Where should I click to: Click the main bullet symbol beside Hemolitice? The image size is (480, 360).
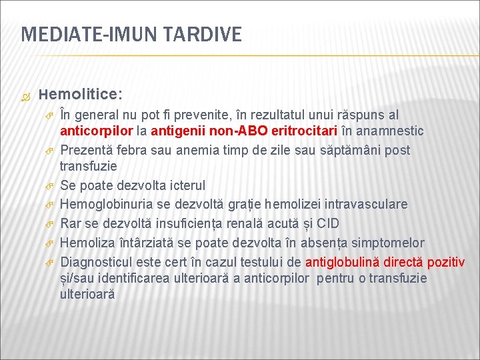[25, 96]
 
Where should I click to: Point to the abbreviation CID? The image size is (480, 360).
[327, 223]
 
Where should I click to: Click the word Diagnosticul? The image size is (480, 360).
[97, 261]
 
